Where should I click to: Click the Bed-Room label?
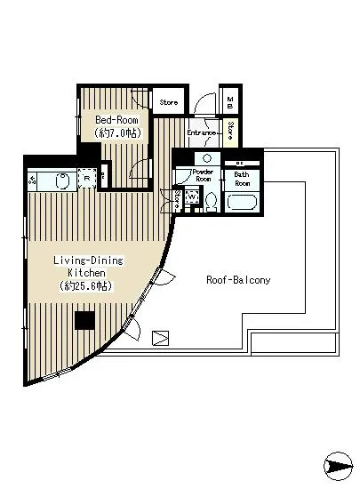117,118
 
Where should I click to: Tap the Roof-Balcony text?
238,279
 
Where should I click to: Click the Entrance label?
202,133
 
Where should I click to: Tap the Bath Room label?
242,180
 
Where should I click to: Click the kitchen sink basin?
62,180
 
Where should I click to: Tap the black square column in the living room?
85,321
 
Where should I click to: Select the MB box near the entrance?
229,102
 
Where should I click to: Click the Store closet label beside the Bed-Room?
168,102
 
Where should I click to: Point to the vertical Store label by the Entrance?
229,132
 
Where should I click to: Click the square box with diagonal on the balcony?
160,338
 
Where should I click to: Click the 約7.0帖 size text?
117,132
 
